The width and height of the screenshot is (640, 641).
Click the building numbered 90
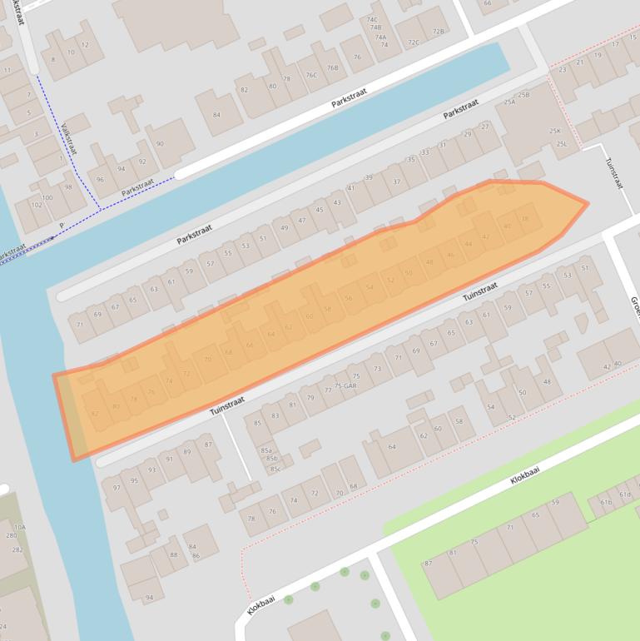tap(160, 144)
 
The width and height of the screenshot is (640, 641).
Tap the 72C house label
tap(414, 42)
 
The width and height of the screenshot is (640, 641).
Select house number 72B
tap(439, 32)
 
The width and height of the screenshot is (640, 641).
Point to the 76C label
tap(311, 75)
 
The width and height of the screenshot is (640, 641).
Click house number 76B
tap(333, 68)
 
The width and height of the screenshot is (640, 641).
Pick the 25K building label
tap(554, 132)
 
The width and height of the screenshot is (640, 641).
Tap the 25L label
tap(562, 144)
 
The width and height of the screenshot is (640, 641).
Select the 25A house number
tap(509, 102)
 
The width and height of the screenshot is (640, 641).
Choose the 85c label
tap(274, 469)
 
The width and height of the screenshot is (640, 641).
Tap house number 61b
tap(606, 502)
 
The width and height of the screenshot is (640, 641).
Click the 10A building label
tap(19, 527)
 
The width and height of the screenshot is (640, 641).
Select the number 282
tap(17, 549)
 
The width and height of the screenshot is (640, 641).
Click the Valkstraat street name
tap(68, 140)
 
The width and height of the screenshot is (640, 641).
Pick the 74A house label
tap(380, 37)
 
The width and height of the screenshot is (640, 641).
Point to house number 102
tap(37, 205)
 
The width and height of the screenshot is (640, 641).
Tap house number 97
tap(117, 488)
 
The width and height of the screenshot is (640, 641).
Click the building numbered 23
tap(563, 70)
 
